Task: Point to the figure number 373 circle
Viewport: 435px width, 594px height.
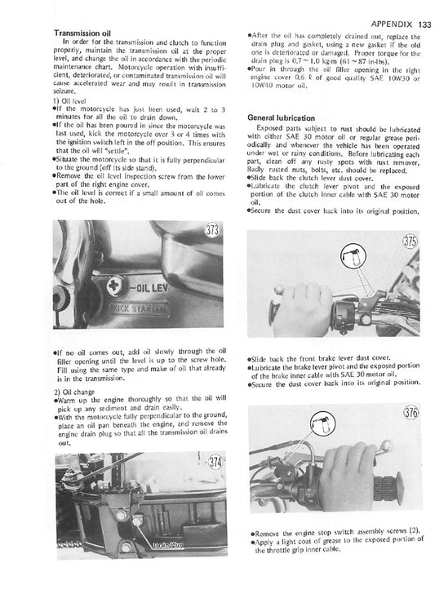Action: tap(190, 230)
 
